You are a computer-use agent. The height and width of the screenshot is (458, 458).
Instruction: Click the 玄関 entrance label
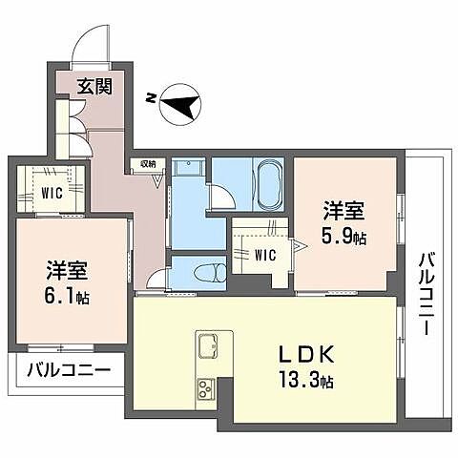tap(95, 86)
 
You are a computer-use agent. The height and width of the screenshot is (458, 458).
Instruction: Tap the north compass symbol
tap(180, 102)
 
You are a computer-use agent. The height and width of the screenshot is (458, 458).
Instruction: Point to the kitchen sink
tap(209, 345)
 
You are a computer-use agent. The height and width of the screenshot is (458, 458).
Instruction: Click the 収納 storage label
tap(148, 164)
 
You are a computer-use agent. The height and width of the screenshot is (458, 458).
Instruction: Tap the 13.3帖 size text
tap(306, 380)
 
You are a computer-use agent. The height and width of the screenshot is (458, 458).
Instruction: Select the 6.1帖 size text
tap(67, 298)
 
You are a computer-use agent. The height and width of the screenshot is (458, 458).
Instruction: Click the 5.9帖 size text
tap(343, 238)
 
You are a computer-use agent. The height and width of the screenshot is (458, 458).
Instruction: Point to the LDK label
tap(306, 354)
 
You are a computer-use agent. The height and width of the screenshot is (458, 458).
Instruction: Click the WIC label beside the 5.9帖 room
tap(265, 255)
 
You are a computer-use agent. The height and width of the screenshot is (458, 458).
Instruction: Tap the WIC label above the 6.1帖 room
tap(52, 193)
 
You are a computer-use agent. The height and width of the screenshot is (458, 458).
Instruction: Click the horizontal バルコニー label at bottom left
tap(69, 370)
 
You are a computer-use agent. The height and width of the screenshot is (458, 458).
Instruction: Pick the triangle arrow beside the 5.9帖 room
tap(300, 246)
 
